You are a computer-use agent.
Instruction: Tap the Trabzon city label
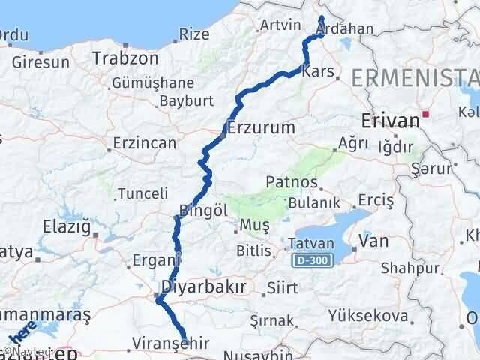(x=126, y=58)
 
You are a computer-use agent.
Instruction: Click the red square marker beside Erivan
(x=426, y=115)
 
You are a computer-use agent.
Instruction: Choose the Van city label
(x=373, y=241)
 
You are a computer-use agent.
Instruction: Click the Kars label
(x=316, y=73)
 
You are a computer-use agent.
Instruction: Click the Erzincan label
(x=145, y=142)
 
